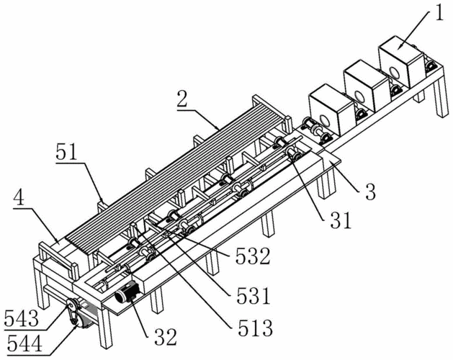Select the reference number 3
pyautogui.click(x=370, y=192)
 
